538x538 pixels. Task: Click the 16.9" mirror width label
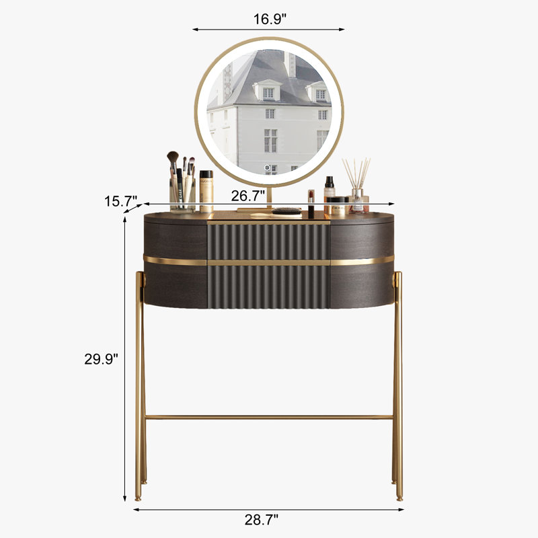(270, 20)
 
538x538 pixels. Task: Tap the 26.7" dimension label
(248, 196)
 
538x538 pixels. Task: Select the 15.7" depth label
(121, 201)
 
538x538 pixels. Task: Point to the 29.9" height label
(102, 359)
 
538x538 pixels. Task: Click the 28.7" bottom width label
(262, 519)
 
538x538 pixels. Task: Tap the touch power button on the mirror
(267, 167)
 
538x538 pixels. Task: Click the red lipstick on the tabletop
(311, 204)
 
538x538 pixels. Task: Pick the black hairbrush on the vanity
(287, 210)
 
